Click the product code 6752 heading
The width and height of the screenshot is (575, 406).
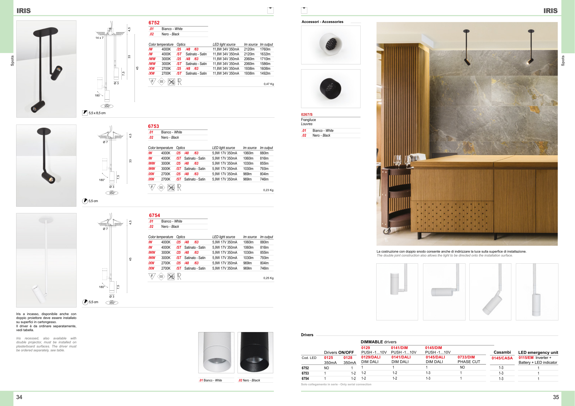coord(154,23)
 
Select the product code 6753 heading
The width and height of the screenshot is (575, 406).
coord(153,126)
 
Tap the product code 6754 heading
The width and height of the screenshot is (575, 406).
coord(154,215)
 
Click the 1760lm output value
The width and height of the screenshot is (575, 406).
coord(265,49)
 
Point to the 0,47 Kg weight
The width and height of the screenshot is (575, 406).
coord(268,84)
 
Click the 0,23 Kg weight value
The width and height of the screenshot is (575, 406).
coord(268,190)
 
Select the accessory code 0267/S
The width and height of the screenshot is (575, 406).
coord(307,115)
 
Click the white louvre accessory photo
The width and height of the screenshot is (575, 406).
coord(331,45)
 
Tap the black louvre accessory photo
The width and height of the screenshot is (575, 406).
coord(331,88)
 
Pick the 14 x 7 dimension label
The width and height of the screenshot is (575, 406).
coord(99,38)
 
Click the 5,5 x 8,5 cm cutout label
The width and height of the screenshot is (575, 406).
coord(97,113)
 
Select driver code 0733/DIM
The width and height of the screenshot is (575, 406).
coord(466,357)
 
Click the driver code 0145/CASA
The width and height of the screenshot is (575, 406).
coord(502,358)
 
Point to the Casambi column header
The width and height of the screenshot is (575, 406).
coord(502,352)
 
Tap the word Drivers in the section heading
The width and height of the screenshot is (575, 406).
coord(307,335)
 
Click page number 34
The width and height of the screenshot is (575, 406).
coord(19,397)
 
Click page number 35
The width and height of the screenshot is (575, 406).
coord(555,397)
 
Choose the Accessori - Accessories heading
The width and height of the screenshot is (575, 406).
coord(322,22)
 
